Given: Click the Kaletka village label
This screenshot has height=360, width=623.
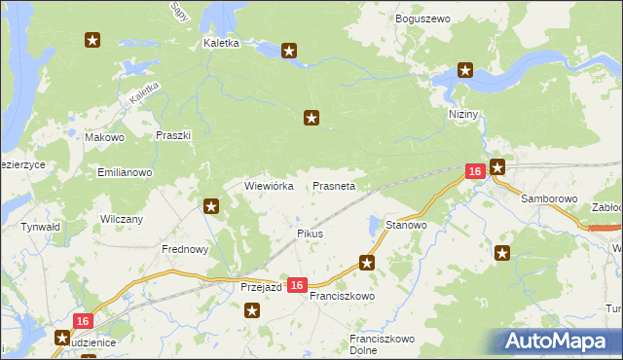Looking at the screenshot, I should tap(221, 44).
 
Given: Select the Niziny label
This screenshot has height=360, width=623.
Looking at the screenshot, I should tap(464, 114).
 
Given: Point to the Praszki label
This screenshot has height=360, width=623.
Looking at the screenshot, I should tap(173, 136).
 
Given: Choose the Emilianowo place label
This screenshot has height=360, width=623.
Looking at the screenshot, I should tap(125, 172).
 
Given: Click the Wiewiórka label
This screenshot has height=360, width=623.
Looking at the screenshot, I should tap(269, 185).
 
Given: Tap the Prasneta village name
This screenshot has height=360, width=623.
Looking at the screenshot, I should tap(334, 185).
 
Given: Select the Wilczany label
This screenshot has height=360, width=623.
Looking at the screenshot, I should tap(122, 219).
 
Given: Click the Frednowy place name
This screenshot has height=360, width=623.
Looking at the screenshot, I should tap(185, 249).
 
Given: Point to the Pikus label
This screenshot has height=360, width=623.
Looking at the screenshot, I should tap(310, 234).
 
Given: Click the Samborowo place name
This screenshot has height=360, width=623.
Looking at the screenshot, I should tap(549, 198).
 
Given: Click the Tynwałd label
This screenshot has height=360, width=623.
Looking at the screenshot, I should tap(41, 227).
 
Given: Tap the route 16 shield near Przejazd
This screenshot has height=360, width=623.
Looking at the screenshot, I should tap(298, 285).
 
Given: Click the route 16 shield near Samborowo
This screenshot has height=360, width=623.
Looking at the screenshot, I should tap(474, 171).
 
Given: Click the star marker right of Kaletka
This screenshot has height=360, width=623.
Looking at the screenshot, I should tap(289, 51).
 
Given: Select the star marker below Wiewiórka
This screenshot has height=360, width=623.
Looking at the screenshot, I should tap(211, 205).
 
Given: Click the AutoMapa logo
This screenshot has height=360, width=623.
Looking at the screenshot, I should tap(557, 341).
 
